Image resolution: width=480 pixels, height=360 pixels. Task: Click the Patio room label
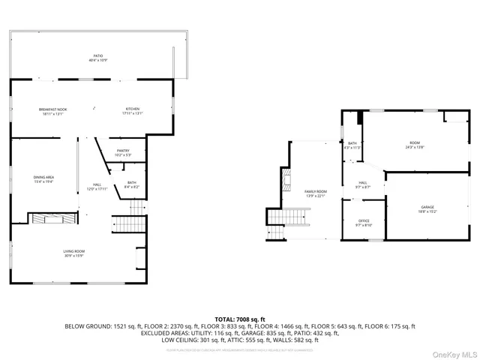tap(97, 58)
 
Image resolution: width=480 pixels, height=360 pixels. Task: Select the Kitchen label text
tap(133, 112)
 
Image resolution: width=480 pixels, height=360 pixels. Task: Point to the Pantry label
tap(123, 152)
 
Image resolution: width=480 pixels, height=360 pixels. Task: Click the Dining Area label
tap(43, 179)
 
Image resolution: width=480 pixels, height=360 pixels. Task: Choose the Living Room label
tap(73, 253)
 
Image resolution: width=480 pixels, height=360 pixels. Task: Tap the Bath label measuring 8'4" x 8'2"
tap(131, 184)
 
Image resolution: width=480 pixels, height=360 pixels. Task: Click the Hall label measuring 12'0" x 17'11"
tap(97, 187)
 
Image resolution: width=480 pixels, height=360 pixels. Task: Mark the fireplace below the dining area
tap(52, 218)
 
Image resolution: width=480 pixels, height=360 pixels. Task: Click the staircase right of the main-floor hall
tap(127, 223)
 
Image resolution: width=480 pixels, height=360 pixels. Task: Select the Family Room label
tap(315, 193)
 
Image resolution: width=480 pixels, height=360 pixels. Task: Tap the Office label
tap(364, 223)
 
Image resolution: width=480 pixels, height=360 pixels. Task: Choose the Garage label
tap(427, 209)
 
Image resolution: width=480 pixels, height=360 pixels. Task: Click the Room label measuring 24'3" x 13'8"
tap(415, 145)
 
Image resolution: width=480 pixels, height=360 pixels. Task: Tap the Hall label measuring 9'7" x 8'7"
tap(363, 184)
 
